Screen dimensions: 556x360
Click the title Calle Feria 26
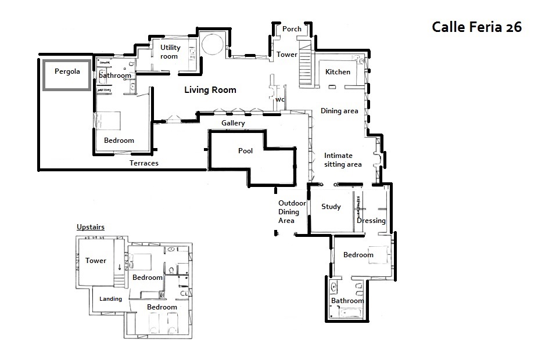[476, 27]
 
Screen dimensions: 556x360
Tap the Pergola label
[67, 71]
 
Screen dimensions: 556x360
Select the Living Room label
[210, 90]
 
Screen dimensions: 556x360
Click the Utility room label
[170, 52]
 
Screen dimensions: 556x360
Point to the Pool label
[245, 150]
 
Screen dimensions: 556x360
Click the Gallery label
[233, 123]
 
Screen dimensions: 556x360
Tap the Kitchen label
[338, 72]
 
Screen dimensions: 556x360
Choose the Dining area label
[339, 111]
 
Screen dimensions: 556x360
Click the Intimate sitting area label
[343, 160]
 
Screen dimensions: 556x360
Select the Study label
[331, 207]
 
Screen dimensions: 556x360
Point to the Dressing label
[371, 221]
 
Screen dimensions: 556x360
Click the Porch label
[292, 29]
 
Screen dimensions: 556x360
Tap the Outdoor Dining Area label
[292, 212]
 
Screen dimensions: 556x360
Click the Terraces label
[144, 163]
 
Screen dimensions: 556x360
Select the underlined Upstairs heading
[91, 227]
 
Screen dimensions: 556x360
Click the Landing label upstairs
[110, 298]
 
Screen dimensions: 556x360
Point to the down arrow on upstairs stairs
[120, 267]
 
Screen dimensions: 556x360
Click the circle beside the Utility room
[213, 44]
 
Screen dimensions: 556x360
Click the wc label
[280, 99]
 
